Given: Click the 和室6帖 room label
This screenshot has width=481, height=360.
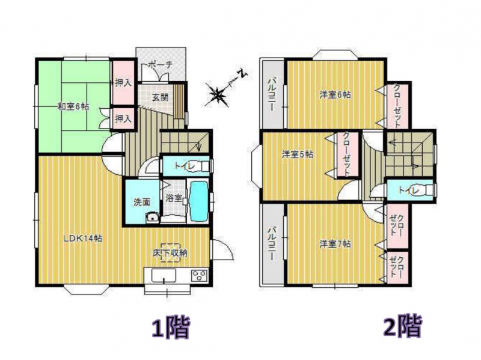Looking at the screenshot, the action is tap(73, 107).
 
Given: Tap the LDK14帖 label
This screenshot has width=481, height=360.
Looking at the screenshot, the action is tap(83, 238).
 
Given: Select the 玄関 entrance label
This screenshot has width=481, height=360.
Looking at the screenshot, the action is tap(160, 97).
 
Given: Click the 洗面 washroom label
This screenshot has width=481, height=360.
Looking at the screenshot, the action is tap(142, 202).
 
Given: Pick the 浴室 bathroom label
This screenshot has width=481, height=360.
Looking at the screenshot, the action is tap(174, 198).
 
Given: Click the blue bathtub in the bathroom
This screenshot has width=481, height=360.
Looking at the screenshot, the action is tap(199, 201).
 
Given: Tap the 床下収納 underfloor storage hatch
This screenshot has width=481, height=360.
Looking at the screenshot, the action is tap(170, 252).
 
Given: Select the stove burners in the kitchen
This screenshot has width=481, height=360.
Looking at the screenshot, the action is tap(200, 275).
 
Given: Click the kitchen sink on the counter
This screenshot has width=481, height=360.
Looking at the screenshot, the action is tap(164, 275).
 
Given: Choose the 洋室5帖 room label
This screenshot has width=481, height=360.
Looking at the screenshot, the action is tap(297, 154).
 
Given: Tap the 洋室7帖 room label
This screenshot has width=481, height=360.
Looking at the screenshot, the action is tap(335, 244).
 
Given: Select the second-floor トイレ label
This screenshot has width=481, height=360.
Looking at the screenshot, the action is tap(408, 190).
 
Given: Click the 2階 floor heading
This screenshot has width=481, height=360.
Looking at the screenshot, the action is tap(402, 326).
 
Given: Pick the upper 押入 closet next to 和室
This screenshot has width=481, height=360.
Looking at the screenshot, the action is tap(123, 82).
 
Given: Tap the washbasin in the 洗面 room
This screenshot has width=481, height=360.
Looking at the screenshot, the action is tap(153, 218).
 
